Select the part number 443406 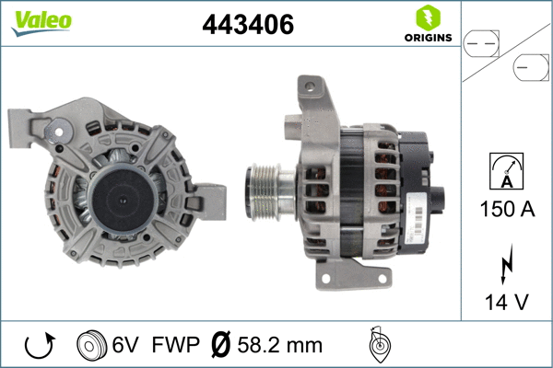click(248, 26)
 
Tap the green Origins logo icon click(427, 17)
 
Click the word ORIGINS click(427, 38)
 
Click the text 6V click(126, 346)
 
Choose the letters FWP click(174, 346)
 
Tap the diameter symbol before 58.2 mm click(221, 346)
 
